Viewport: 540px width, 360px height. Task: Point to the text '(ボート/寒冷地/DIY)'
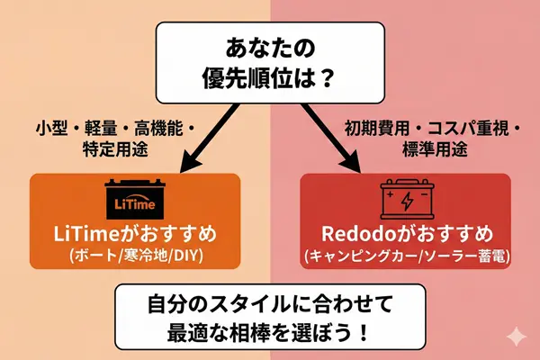135,256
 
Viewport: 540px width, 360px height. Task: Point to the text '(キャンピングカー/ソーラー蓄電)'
405,256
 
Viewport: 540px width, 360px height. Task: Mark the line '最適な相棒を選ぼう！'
269,328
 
